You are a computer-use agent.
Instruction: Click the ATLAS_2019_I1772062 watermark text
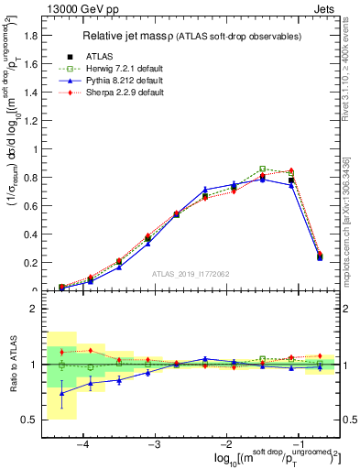(191, 273)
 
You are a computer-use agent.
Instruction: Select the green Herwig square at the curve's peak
(263, 169)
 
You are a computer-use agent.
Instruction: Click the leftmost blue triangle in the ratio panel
(61, 394)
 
